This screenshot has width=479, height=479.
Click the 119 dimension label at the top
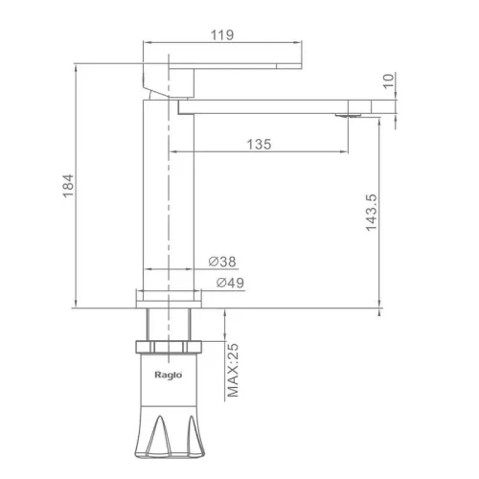(222, 34)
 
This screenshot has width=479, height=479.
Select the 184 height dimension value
(68, 186)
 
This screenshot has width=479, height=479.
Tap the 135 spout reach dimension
(259, 145)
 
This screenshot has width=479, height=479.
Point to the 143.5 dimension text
(372, 213)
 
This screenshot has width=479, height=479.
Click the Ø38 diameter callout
(222, 262)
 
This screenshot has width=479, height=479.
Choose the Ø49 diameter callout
(230, 283)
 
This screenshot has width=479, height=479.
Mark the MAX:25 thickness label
(233, 371)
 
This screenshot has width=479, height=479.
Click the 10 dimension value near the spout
(388, 80)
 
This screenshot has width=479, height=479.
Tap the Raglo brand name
(169, 375)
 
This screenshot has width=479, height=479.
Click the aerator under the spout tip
(349, 115)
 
